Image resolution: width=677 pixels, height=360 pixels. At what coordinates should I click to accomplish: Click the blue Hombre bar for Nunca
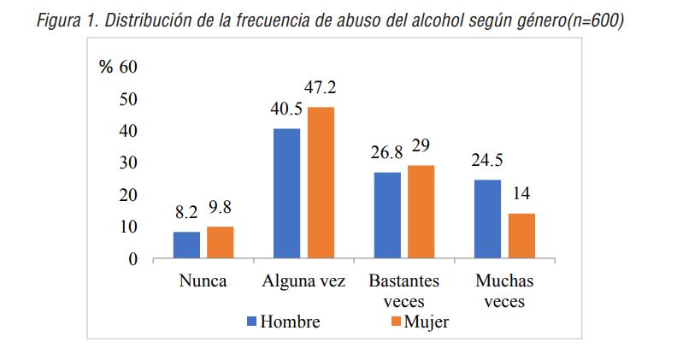(x=186, y=245)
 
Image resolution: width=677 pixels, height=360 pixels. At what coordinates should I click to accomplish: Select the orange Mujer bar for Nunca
(x=220, y=242)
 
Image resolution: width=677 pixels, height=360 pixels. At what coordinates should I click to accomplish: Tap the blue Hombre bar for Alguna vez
(x=286, y=193)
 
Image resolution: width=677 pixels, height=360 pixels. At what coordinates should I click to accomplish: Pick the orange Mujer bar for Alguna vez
(x=321, y=182)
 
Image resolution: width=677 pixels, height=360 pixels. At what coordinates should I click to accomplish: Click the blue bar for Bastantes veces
(x=386, y=215)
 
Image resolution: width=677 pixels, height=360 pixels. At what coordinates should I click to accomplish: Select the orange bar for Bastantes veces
(x=421, y=211)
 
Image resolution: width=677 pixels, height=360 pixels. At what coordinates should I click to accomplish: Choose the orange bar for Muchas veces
(x=521, y=235)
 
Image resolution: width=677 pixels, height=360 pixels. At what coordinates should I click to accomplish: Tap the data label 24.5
(x=487, y=160)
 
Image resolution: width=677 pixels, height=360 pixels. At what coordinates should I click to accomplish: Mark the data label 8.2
(x=186, y=212)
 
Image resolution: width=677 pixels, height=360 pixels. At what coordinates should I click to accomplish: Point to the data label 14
(x=521, y=194)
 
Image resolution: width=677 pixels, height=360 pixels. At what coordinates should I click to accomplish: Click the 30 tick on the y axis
(x=127, y=162)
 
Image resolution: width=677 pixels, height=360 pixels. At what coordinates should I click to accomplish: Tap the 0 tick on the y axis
(x=132, y=259)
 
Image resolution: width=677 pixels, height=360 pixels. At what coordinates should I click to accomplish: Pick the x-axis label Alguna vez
(x=304, y=281)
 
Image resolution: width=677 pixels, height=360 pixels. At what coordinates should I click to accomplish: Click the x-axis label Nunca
(x=203, y=281)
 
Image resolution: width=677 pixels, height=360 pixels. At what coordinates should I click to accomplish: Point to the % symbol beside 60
(x=106, y=68)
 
